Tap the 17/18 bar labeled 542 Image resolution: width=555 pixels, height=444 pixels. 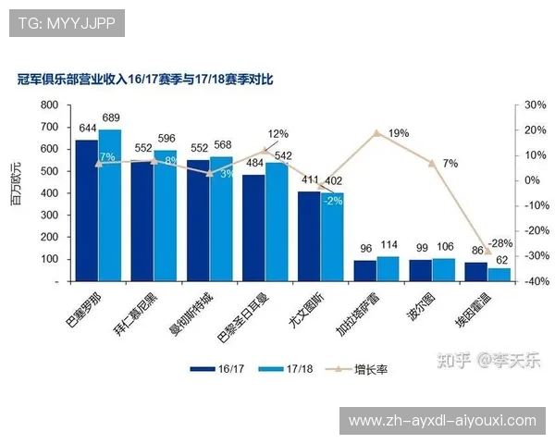pos(277,221)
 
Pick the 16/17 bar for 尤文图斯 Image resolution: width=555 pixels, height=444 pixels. pos(309,235)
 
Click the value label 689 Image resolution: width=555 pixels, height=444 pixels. pos(111,117)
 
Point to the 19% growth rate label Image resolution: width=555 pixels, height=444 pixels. pos(399,133)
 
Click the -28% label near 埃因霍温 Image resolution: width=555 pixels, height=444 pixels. pos(500,243)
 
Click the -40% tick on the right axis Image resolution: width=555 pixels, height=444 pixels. pos(534,280)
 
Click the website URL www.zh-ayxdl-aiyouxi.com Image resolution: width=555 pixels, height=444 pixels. pos(442,421)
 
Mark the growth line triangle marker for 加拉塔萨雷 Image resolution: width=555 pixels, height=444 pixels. pos(376,133)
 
